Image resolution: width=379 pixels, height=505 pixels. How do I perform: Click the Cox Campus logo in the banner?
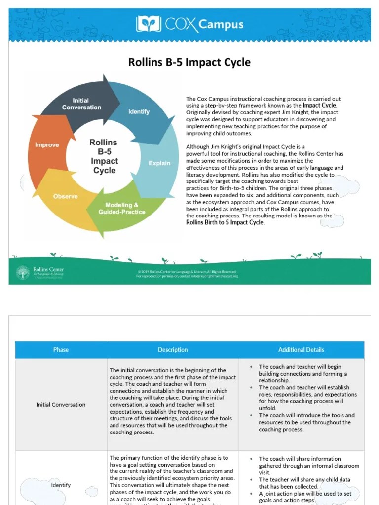pyautogui.click(x=189, y=24)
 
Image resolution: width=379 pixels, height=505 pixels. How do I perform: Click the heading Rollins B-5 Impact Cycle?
pyautogui.click(x=189, y=63)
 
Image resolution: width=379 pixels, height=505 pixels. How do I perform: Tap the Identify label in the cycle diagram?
pyautogui.click(x=139, y=111)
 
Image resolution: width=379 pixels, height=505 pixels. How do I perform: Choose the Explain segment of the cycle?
pyautogui.click(x=159, y=163)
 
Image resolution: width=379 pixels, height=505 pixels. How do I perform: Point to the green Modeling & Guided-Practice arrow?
pyautogui.click(x=121, y=208)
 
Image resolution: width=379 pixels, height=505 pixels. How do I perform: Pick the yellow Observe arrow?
pyautogui.click(x=65, y=196)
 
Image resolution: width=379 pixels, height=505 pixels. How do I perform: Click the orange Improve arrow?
pyautogui.click(x=47, y=145)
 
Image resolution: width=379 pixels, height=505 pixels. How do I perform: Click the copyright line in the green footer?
pyautogui.click(x=187, y=272)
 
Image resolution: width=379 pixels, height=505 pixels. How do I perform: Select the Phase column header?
pyautogui.click(x=61, y=350)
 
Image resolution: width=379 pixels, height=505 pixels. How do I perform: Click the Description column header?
pyautogui.click(x=173, y=350)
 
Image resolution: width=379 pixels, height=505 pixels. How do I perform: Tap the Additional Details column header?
pyautogui.click(x=301, y=350)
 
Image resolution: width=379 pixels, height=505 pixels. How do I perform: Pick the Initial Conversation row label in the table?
pyautogui.click(x=61, y=405)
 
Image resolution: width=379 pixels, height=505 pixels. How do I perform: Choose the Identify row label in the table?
pyautogui.click(x=61, y=485)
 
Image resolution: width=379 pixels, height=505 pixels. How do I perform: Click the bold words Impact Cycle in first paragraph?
pyautogui.click(x=319, y=106)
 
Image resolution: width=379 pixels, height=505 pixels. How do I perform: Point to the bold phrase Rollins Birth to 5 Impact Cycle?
pyautogui.click(x=225, y=222)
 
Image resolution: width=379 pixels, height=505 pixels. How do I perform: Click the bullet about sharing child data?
pyautogui.click(x=304, y=483)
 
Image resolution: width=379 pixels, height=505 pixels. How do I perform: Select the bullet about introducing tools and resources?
pyautogui.click(x=306, y=422)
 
